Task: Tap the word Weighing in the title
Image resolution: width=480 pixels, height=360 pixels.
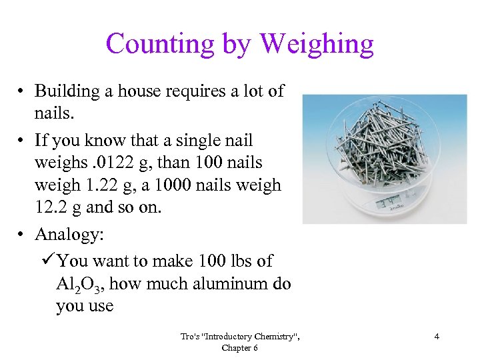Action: coord(317,44)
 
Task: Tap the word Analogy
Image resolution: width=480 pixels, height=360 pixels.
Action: coord(69,235)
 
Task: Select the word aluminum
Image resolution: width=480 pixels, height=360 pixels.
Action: coord(227,284)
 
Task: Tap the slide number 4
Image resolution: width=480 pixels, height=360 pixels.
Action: coord(437,337)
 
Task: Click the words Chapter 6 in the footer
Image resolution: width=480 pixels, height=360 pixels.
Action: coord(241,347)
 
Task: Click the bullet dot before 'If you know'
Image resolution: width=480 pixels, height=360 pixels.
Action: coord(21,141)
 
